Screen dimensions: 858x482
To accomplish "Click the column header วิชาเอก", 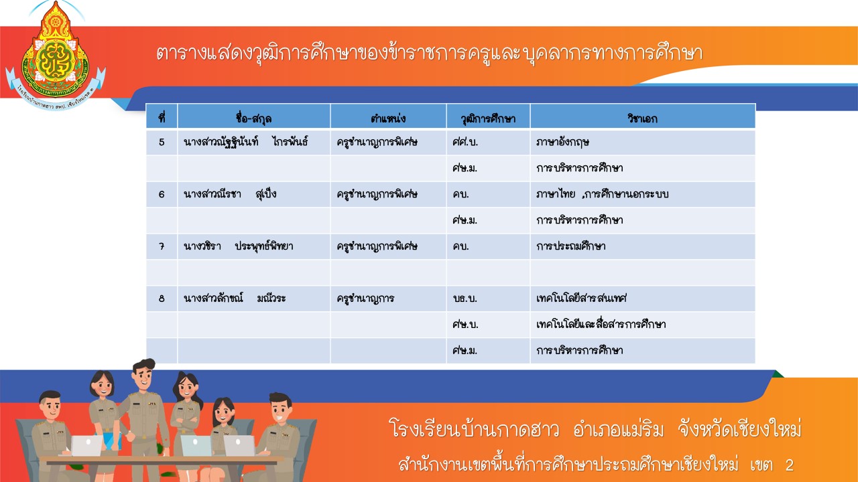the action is coord(642,118).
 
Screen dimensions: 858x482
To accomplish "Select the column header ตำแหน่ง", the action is coord(388,118).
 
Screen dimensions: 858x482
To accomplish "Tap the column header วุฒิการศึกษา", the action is coord(488,118).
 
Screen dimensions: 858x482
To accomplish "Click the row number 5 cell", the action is coord(162,143).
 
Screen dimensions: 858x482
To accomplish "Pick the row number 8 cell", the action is coord(162,299).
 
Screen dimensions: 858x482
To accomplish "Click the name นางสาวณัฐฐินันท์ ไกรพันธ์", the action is coord(245,143).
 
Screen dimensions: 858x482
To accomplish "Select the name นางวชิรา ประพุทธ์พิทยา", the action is coord(238,246).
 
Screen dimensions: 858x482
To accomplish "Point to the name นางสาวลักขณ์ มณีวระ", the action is coord(235,298).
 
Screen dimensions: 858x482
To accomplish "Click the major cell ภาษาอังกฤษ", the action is coord(562,143).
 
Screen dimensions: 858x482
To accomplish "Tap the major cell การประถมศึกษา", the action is coord(570,246).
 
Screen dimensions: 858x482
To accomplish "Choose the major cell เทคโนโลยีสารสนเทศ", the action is coord(581,298).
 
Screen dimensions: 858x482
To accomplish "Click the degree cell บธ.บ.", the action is coord(465,299).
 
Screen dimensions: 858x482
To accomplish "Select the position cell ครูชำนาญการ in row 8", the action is coord(365,299).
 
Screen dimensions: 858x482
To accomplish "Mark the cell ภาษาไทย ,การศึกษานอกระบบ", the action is coord(602,194).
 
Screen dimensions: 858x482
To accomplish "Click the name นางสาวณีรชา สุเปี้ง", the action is coord(230,194).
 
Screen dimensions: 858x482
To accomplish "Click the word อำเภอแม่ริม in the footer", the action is coord(618,430).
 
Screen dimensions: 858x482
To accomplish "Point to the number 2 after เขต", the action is coord(789,465).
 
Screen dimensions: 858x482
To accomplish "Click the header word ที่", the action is coord(162,118).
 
